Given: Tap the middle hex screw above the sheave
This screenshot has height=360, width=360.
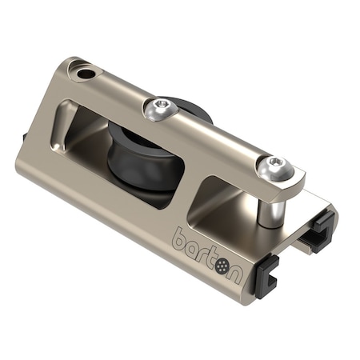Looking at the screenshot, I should [x=162, y=106].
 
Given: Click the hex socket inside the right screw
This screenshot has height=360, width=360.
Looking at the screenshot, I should [x=276, y=163].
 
